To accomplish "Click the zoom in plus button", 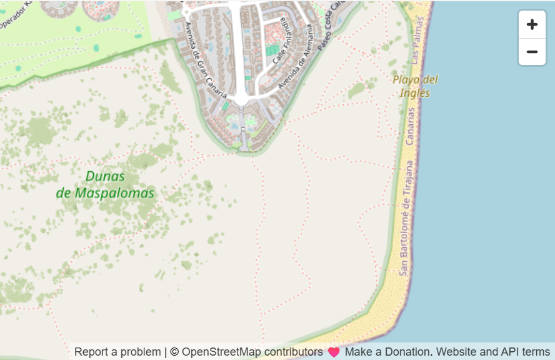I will pyautogui.click(x=532, y=24).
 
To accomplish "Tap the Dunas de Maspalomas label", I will pyautogui.click(x=105, y=184).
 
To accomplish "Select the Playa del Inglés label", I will pyautogui.click(x=415, y=86).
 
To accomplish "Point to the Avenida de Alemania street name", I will pyautogui.click(x=294, y=61).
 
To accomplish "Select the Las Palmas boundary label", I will pyautogui.click(x=417, y=39).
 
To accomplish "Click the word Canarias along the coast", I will pyautogui.click(x=410, y=126).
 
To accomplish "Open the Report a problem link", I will pyautogui.click(x=117, y=352).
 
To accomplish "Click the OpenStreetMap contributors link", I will pyautogui.click(x=252, y=352).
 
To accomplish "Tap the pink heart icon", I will pyautogui.click(x=334, y=352).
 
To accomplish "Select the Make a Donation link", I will pyautogui.click(x=388, y=352).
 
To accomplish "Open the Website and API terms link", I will pyautogui.click(x=493, y=352).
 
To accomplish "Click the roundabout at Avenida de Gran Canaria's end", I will pyautogui.click(x=241, y=99).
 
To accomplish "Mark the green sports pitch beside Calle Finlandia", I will pyautogui.click(x=272, y=51).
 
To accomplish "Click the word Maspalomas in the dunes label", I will pyautogui.click(x=114, y=193).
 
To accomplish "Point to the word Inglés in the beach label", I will pyautogui.click(x=415, y=93).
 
